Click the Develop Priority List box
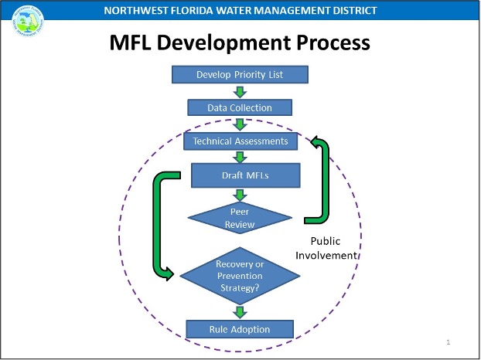coord(240,74)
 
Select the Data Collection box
coord(240,107)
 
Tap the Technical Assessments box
coord(240,141)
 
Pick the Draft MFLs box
coord(240,175)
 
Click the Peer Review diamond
coord(240,217)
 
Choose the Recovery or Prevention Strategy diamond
coord(240,276)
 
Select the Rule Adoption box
coord(240,329)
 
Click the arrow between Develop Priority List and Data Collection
coord(240,90)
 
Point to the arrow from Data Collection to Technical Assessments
coord(240,124)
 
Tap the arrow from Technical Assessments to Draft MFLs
coord(240,157)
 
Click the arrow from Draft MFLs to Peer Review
coord(240,194)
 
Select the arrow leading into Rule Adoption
coord(240,311)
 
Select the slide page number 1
coord(449,341)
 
